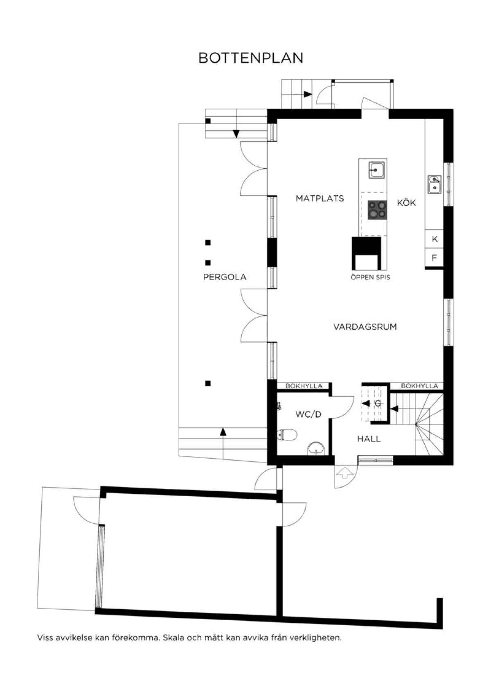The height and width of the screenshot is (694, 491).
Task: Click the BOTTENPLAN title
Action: coord(251,58)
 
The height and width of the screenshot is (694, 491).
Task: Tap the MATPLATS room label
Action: coord(320,198)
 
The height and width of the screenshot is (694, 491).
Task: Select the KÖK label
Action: coord(406,203)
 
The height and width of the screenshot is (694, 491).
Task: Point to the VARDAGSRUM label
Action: coord(365,327)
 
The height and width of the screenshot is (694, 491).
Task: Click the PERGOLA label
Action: coord(225,277)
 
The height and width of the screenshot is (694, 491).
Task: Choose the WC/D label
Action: coord(309,414)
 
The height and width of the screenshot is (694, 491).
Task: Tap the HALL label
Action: coord(369,439)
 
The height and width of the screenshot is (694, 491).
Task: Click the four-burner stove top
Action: coord(377,210)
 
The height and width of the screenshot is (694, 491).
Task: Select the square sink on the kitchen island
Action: coord(377,170)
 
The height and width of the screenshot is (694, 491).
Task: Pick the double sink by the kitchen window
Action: coord(435,184)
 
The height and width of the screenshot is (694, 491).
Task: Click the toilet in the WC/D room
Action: coord(287,435)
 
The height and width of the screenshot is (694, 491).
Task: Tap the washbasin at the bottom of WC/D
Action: coord(316,449)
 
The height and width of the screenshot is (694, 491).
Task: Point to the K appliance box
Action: coord(435,239)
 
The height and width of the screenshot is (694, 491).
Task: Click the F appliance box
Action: coord(435,258)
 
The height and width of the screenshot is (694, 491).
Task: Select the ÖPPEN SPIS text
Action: coord(370,277)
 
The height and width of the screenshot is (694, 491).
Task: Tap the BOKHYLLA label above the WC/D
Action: coord(304,386)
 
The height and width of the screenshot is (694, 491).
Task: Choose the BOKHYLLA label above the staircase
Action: coord(419,386)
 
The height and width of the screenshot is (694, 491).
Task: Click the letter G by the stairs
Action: coord(378,403)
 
